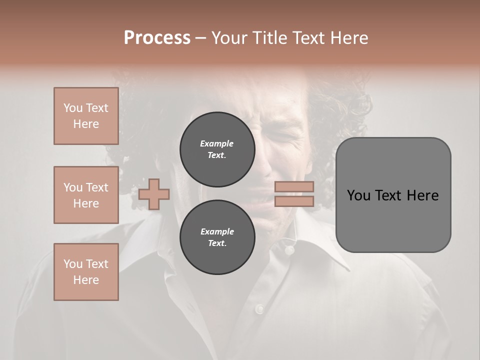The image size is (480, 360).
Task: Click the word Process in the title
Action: click(x=157, y=38)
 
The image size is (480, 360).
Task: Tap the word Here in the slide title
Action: click(x=348, y=38)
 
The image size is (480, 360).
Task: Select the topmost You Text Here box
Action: click(x=86, y=116)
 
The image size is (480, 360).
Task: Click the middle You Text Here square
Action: click(x=86, y=195)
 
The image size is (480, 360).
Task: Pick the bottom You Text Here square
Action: click(x=86, y=272)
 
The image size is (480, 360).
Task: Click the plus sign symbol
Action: click(x=154, y=194)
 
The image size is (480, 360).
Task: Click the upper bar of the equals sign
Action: click(x=294, y=187)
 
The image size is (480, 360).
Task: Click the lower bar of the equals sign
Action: click(x=294, y=201)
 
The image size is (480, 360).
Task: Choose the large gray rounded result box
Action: click(x=393, y=220)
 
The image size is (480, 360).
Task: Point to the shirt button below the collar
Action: click(x=259, y=309)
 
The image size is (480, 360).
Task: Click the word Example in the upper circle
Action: click(x=216, y=143)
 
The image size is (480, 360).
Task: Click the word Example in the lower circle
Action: click(x=216, y=231)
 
